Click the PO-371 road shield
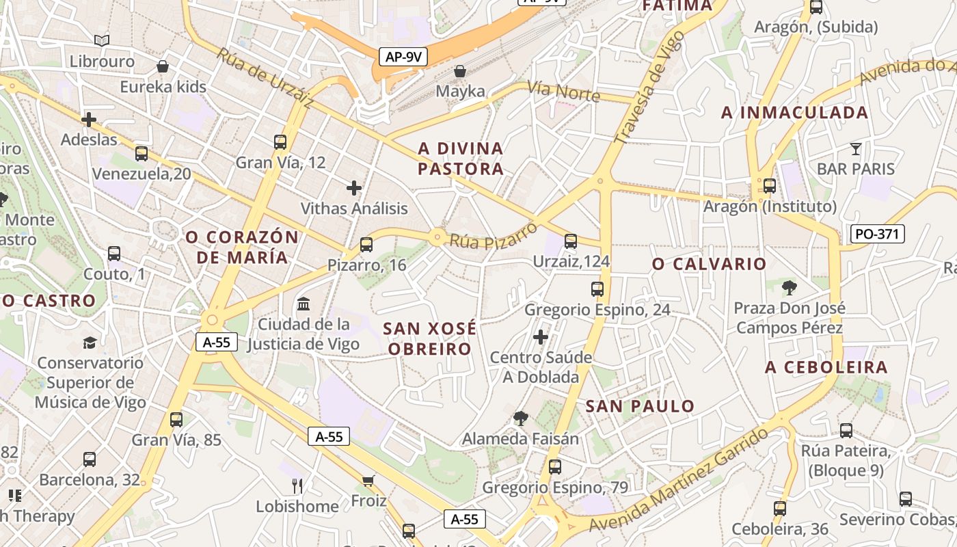pyautogui.click(x=878, y=235)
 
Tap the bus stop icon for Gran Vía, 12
pyautogui.click(x=280, y=142)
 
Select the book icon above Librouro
pyautogui.click(x=102, y=41)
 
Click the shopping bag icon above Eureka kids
pyautogui.click(x=163, y=66)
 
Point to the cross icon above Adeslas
pyautogui.click(x=88, y=120)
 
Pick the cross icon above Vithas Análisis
pyautogui.click(x=354, y=187)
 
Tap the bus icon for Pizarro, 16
pyautogui.click(x=366, y=244)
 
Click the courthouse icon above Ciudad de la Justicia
pyautogui.click(x=304, y=303)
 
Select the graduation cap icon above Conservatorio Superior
pyautogui.click(x=90, y=342)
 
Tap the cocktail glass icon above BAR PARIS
pyautogui.click(x=855, y=148)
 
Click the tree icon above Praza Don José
pyautogui.click(x=790, y=287)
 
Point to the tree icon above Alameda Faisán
pyautogui.click(x=521, y=418)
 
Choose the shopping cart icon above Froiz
pyautogui.click(x=368, y=481)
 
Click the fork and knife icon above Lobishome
pyautogui.click(x=297, y=486)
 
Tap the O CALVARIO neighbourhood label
pyautogui.click(x=709, y=264)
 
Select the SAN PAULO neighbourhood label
pyautogui.click(x=640, y=406)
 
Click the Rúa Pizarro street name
pyautogui.click(x=494, y=236)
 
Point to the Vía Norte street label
pyautogui.click(x=563, y=92)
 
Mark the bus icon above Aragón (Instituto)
pyautogui.click(x=770, y=186)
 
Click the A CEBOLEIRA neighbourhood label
pyautogui.click(x=826, y=367)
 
